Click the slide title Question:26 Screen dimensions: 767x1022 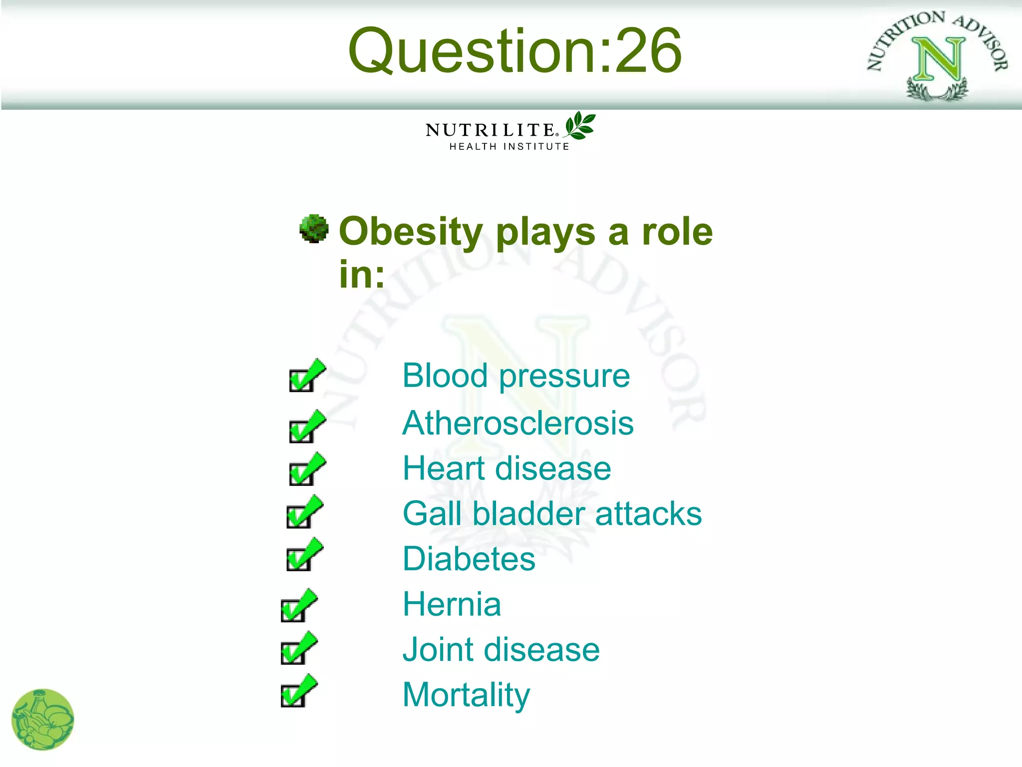point(514,50)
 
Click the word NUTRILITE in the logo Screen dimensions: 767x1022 point(490,130)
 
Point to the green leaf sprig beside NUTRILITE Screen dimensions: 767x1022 point(580,125)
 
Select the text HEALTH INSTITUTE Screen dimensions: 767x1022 point(509,147)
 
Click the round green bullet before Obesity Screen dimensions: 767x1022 point(314,229)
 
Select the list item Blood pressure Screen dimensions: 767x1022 point(516,376)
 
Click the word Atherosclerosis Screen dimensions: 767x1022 point(518,423)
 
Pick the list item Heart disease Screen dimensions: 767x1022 point(507,468)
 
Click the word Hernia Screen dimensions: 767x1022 point(452,604)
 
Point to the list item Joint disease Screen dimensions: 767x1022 point(501,650)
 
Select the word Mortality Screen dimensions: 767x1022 point(466,695)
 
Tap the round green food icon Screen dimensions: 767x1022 point(42,720)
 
